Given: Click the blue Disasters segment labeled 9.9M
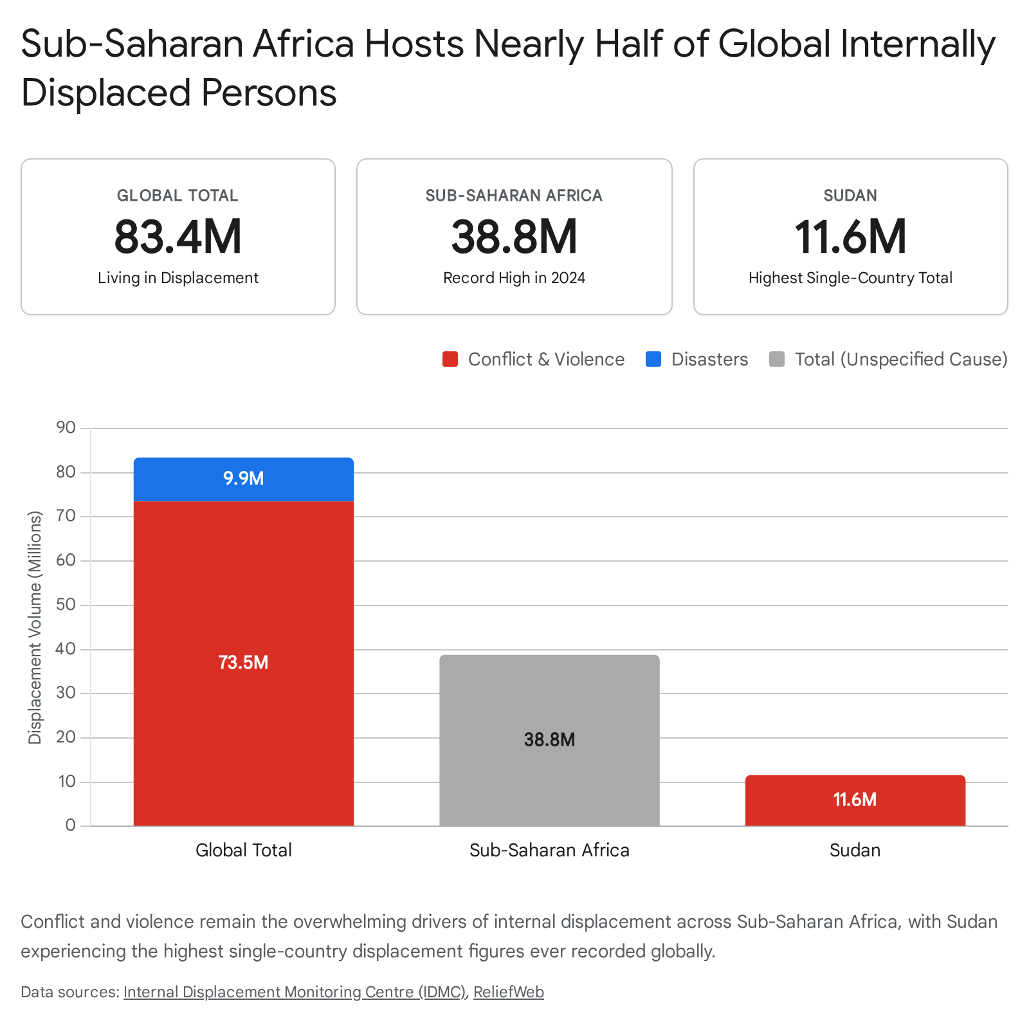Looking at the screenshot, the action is pos(244,479).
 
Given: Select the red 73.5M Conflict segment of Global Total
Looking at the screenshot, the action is pos(244,663).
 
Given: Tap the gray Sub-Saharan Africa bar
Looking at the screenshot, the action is pos(549,741).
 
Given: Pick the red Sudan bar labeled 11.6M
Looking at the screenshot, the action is pos(855,800).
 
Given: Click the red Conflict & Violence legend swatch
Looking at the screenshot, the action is pos(450,359).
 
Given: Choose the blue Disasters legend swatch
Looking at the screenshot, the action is pos(653,359).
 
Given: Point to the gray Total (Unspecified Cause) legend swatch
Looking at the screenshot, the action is pos(777,359).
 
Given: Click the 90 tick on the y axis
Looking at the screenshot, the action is pos(66,427).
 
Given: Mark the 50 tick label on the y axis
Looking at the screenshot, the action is pos(66,604).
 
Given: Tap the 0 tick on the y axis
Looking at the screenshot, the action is pos(71,825).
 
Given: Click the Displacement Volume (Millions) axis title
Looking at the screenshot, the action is pos(35,627).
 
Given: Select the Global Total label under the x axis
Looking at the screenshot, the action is pos(244,850).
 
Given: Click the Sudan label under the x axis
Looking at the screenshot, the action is pos(855,850).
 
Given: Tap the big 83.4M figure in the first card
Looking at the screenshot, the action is pos(178,237).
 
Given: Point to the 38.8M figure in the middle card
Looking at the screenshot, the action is pos(514,237).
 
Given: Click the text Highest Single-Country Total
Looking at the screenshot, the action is pos(850,278).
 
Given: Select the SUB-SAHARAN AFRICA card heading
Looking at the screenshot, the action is pos(514,196).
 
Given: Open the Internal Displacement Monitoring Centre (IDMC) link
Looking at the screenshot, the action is pos(295,992).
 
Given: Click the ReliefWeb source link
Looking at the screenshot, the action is pos(509,992).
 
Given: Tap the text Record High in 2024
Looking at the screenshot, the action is pos(514,278).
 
